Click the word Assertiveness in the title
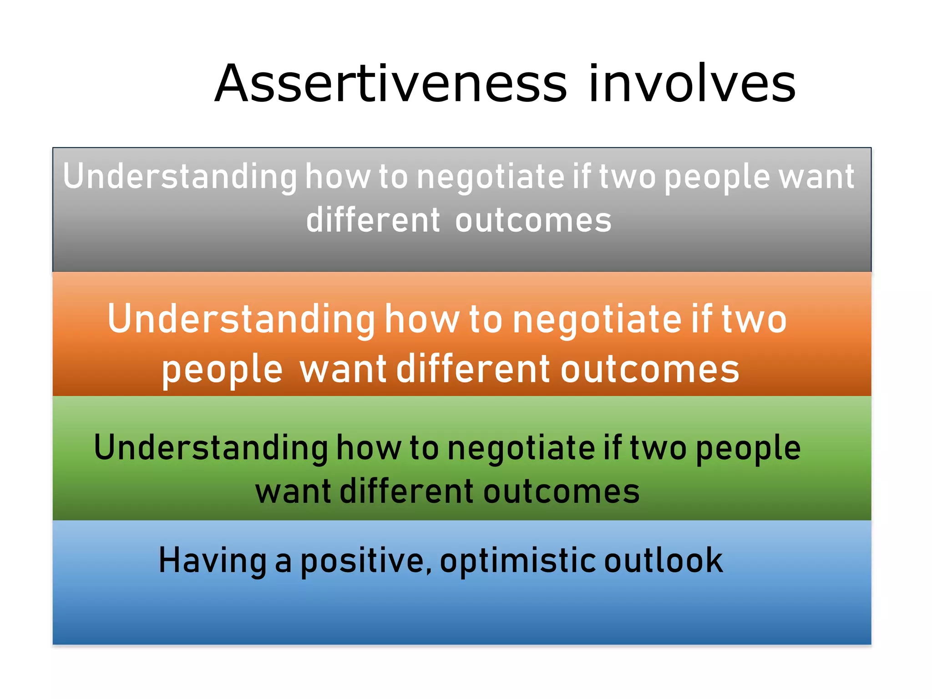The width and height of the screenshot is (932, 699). click(x=390, y=84)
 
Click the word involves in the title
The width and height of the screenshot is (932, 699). click(x=692, y=84)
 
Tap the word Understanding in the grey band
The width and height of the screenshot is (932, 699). click(x=180, y=177)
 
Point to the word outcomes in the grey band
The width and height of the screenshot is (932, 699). click(x=533, y=221)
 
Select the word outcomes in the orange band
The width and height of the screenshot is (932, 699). click(x=650, y=369)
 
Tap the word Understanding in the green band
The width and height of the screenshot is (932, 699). click(x=211, y=448)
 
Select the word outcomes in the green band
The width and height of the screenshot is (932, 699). click(x=561, y=491)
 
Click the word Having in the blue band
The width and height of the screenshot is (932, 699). click(x=213, y=561)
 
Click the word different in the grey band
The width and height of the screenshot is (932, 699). click(x=373, y=221)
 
